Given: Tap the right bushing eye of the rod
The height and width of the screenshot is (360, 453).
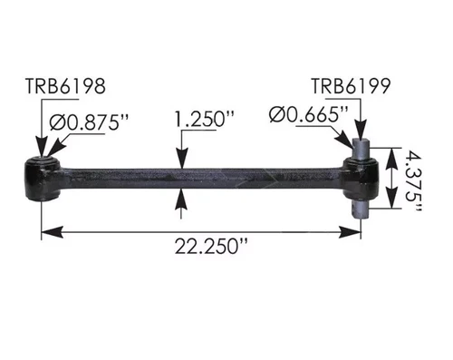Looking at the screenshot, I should (x=360, y=170).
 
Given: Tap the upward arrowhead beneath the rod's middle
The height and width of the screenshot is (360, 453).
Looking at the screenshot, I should (x=183, y=193).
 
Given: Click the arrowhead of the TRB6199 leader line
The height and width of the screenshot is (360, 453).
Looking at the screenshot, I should (x=361, y=136).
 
